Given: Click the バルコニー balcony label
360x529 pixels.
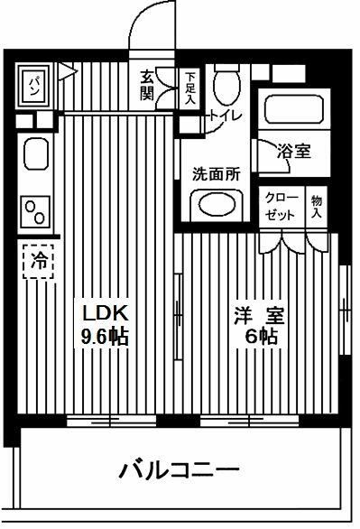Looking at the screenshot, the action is [x=179, y=469].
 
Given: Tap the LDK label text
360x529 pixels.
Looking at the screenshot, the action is [x=106, y=314].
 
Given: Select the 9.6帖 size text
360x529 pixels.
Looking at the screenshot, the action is [x=105, y=337].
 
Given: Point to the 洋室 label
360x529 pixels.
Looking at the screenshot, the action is [x=260, y=315].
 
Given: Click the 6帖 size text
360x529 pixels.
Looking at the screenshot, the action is [x=262, y=336].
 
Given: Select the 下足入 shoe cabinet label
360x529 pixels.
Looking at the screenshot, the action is [x=189, y=88].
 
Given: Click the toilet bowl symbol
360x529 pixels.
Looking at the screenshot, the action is [x=226, y=84].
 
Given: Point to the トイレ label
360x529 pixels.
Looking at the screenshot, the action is [x=226, y=116].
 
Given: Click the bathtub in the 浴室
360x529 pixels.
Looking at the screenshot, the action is [x=294, y=109].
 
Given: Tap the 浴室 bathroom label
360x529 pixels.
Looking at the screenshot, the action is [x=294, y=151].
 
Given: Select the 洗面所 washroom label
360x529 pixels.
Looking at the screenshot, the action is [x=217, y=174].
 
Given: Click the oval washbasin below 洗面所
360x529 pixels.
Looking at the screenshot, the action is [x=217, y=204].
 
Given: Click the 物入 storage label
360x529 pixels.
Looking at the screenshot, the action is [x=317, y=207].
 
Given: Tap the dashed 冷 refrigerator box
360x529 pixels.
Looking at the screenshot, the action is [x=38, y=262].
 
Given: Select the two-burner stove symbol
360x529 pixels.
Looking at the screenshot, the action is [x=35, y=212].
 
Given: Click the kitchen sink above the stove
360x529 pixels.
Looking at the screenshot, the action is [x=36, y=153].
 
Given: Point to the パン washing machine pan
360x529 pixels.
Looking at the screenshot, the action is [x=34, y=85].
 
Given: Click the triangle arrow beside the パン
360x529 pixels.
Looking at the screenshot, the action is [x=67, y=72].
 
